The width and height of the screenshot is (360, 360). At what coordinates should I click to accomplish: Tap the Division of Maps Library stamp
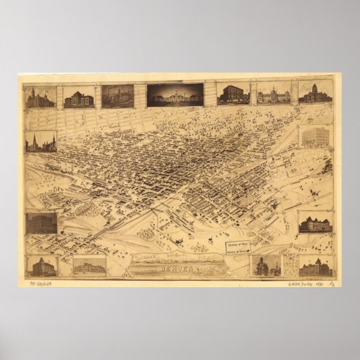pos(238,248)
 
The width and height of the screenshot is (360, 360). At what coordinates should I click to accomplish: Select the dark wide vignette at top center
pos(175,95)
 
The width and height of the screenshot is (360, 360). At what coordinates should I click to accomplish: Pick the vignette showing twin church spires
pos(41,141)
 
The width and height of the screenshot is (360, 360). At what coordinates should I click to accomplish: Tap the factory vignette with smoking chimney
pos(117,96)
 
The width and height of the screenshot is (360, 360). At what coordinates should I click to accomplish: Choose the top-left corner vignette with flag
pos(41,97)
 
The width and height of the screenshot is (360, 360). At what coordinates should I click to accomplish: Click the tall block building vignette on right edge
pos(315,138)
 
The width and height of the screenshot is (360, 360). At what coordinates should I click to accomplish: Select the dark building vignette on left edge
pos(41,222)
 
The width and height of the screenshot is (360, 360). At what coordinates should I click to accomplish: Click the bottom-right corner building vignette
pos(315,266)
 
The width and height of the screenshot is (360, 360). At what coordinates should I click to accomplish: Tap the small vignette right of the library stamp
pos(267,266)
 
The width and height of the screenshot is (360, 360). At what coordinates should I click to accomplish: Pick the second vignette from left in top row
pos(79,97)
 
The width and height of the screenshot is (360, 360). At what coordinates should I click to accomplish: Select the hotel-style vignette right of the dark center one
pos(233,94)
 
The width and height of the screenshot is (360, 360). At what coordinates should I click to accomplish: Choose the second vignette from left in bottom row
pos(89,266)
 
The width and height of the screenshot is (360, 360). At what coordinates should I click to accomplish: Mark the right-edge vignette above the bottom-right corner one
pos(315,222)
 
